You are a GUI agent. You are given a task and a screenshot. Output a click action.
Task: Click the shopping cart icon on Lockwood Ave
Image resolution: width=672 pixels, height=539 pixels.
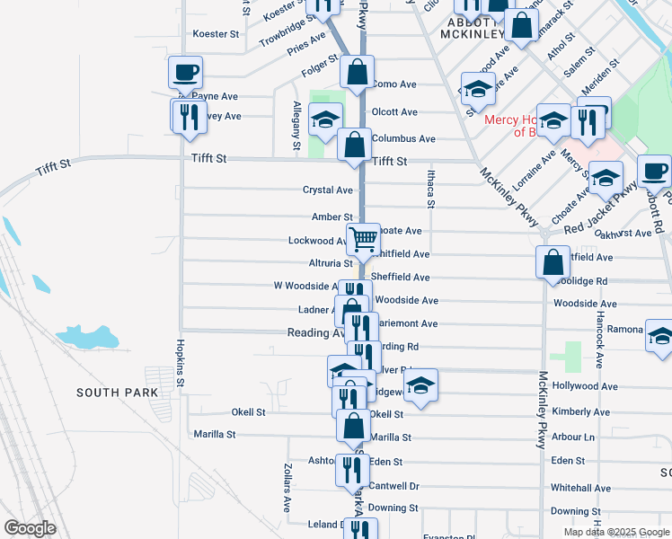[x=363, y=239]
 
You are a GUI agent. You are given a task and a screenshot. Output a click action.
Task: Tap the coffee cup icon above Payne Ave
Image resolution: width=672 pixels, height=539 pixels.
[x=185, y=72]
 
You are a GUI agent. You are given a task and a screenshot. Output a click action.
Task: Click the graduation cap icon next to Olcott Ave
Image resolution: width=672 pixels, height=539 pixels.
[x=325, y=119]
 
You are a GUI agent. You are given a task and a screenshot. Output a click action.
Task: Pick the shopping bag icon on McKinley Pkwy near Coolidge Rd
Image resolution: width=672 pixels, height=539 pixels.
[x=552, y=261]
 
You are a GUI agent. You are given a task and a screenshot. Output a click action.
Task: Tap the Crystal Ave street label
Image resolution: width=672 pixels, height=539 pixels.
[x=327, y=190]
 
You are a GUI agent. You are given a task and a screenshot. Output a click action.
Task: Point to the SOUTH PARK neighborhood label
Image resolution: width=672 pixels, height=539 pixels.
[x=117, y=393]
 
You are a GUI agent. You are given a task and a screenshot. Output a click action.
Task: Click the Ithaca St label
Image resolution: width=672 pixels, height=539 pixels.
[x=430, y=191]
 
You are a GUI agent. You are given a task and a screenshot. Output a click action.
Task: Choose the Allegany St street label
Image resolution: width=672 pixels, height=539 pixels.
[x=296, y=125]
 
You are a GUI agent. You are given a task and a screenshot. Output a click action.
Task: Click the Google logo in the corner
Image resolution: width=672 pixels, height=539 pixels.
[x=30, y=528]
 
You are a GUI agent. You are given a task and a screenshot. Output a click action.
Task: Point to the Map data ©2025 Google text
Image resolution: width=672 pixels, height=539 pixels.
[x=616, y=532]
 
